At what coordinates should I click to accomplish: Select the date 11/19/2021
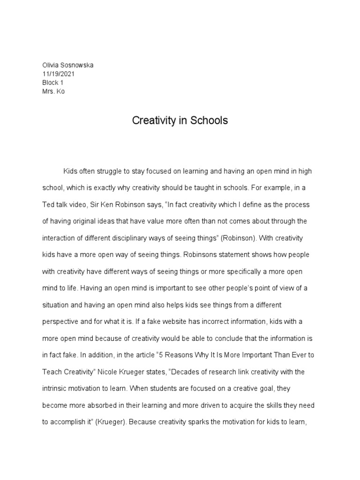(58, 74)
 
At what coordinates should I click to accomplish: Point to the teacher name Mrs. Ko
(53, 91)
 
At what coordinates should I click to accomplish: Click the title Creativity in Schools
(180, 120)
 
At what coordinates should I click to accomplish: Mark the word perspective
(62, 322)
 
